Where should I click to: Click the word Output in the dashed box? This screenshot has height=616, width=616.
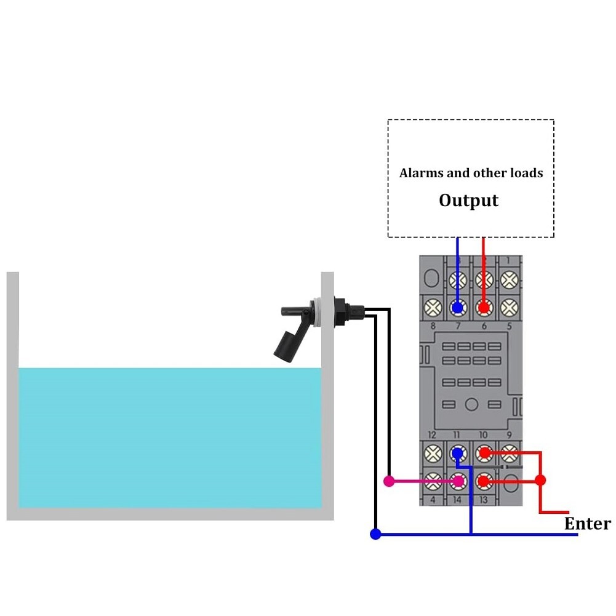(468, 201)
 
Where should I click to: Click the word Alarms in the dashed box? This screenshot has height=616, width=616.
(421, 173)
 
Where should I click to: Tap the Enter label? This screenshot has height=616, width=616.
(588, 524)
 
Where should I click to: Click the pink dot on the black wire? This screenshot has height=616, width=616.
(389, 481)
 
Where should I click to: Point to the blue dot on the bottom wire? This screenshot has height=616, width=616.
(375, 534)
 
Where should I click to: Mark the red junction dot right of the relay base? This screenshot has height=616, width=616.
(540, 480)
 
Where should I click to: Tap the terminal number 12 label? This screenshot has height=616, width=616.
(433, 435)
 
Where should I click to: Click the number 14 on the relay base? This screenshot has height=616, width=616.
(457, 500)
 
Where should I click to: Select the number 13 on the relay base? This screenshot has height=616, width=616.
(483, 500)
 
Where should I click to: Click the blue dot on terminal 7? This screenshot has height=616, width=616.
(457, 306)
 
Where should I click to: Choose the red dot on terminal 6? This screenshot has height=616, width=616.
(483, 306)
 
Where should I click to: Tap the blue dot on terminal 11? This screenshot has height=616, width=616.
(457, 454)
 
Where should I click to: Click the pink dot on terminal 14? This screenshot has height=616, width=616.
(457, 481)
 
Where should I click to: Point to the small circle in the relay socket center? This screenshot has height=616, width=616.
(471, 404)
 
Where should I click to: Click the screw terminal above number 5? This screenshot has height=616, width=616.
(508, 306)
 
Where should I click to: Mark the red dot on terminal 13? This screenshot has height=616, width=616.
(484, 480)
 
